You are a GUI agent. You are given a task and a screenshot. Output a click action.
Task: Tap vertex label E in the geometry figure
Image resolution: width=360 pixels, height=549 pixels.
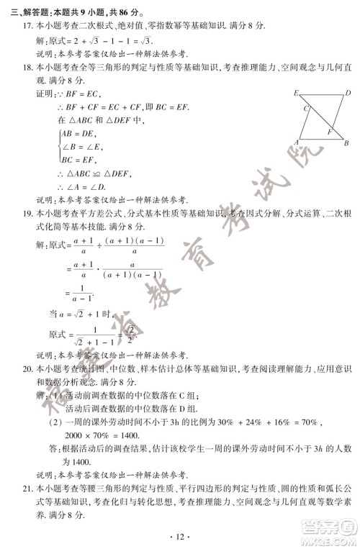click(296, 94)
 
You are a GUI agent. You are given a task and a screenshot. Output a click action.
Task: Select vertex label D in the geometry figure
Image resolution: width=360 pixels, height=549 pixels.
click(348, 93)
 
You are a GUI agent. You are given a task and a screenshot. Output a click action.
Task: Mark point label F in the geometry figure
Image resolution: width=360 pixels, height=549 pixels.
click(330, 132)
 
